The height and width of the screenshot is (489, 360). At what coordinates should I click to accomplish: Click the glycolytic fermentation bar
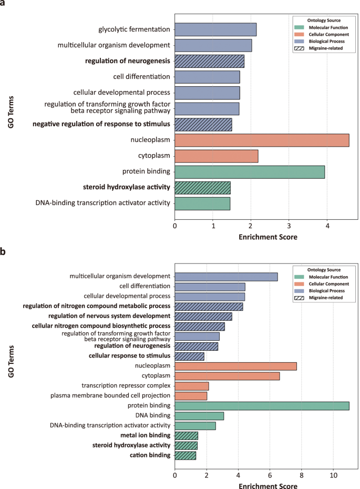tap(215, 29)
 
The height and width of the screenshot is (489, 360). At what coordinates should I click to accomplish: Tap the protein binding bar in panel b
tap(262, 405)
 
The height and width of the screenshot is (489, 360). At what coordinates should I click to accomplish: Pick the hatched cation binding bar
tap(186, 455)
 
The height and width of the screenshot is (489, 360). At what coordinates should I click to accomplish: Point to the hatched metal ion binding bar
tap(187, 435)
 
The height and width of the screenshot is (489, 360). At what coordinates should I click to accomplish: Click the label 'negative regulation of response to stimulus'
tap(101, 125)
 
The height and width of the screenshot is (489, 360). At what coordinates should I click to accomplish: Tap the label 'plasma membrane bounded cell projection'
tap(110, 395)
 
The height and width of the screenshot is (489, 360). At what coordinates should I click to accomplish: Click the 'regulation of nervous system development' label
tap(109, 316)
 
